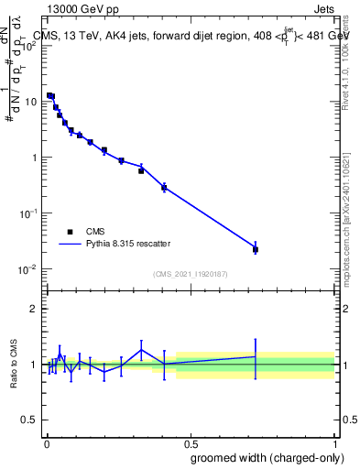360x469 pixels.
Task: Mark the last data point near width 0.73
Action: (x=256, y=249)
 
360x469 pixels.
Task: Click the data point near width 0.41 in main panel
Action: (x=164, y=188)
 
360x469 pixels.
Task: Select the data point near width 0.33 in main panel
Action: (x=141, y=170)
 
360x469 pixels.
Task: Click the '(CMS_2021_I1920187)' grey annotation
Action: (x=190, y=274)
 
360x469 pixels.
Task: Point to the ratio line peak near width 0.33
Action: (x=141, y=350)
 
